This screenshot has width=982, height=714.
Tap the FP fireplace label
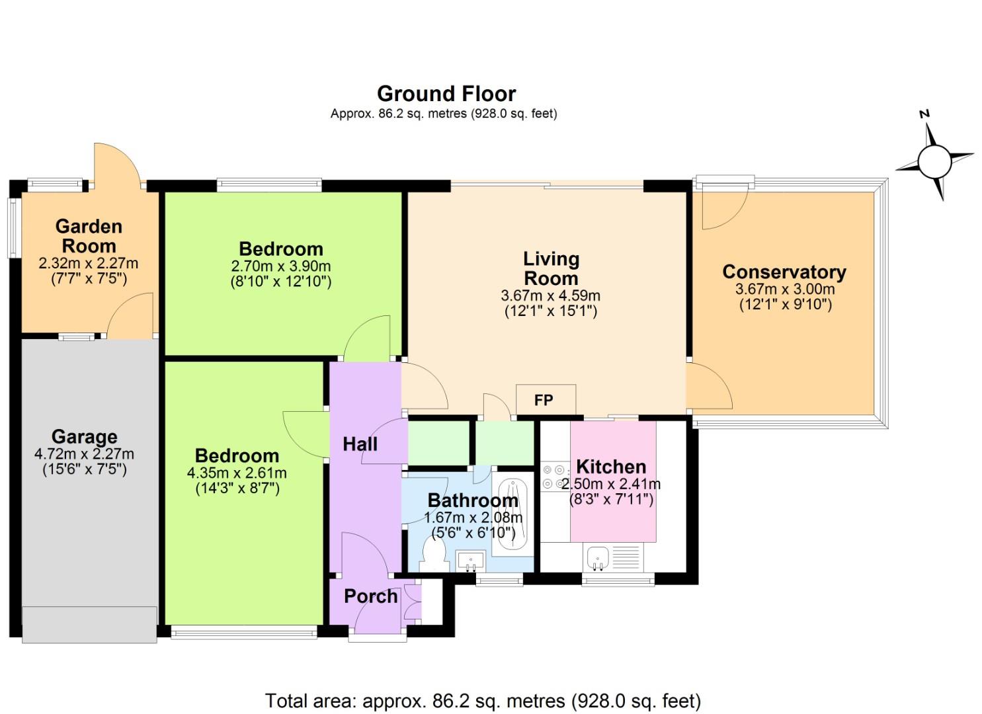(544, 400)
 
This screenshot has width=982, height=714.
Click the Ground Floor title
(446, 93)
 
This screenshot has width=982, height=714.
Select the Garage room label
(85, 436)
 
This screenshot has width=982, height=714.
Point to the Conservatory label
(784, 272)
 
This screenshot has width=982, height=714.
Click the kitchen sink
(598, 557)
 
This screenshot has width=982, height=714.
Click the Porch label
(371, 596)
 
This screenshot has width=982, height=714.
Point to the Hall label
(360, 444)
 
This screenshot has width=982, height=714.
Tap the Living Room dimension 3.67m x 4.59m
(550, 296)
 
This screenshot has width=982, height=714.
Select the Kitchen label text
(610, 467)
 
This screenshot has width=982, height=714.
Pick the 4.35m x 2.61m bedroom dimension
(237, 473)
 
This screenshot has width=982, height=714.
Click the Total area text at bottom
(483, 700)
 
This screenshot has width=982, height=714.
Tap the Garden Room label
(89, 236)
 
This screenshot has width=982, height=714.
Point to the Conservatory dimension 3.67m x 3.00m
(784, 289)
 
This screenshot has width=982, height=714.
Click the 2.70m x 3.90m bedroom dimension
(280, 266)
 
